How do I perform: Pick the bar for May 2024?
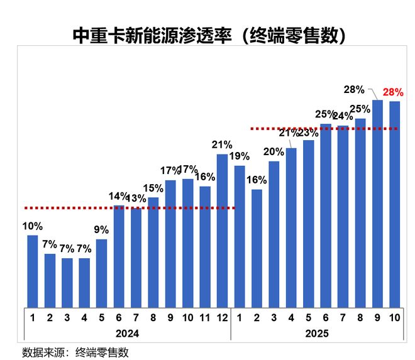pyautogui.click(x=102, y=273)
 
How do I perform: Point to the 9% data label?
pyautogui.click(x=101, y=230)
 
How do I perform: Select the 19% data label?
pyautogui.click(x=240, y=156)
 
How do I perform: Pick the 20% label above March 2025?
pyautogui.click(x=274, y=151)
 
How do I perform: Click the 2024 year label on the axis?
pyautogui.click(x=127, y=333)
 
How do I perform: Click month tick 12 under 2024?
pyautogui.click(x=222, y=317)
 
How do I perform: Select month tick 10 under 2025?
pyautogui.click(x=395, y=317)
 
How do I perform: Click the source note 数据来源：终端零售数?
pyautogui.click(x=75, y=352)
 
